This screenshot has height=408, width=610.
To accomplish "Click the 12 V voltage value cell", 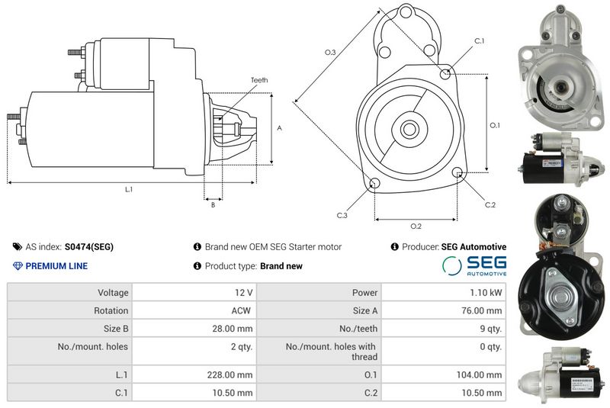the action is coord(243,293).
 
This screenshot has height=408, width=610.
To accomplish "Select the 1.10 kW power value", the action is coord(486,293).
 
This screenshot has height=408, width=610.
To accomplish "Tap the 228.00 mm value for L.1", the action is coord(230,375).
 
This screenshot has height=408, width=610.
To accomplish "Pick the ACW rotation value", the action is coord(241,310).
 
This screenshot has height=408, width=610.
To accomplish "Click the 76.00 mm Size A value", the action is coord(482,310).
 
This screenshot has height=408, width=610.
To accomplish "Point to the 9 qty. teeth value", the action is coord(491,329).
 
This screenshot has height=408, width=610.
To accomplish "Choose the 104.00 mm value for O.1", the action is coord(480,375).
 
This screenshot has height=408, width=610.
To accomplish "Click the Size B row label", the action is coord(116,329).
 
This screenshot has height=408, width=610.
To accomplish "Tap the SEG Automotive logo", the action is coord(474,266).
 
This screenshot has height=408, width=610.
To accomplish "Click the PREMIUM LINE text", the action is coord(56,266).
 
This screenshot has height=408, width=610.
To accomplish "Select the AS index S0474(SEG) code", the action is coord(89,247).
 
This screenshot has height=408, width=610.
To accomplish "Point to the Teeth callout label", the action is coord(259,80).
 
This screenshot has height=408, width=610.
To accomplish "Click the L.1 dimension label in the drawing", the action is coord(129,189).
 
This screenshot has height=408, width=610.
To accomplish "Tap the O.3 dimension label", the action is coord(330,52).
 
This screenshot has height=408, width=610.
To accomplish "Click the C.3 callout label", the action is coord(342,216).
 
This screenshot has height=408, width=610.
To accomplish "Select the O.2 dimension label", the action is coord(416,226).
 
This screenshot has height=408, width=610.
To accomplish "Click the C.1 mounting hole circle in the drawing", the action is coord(445,73).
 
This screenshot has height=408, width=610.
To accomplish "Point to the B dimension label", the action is coord(213,205).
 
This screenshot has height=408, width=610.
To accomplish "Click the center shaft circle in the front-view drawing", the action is coord(409,129).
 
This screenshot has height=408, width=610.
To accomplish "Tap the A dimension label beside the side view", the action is coord(279,128).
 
